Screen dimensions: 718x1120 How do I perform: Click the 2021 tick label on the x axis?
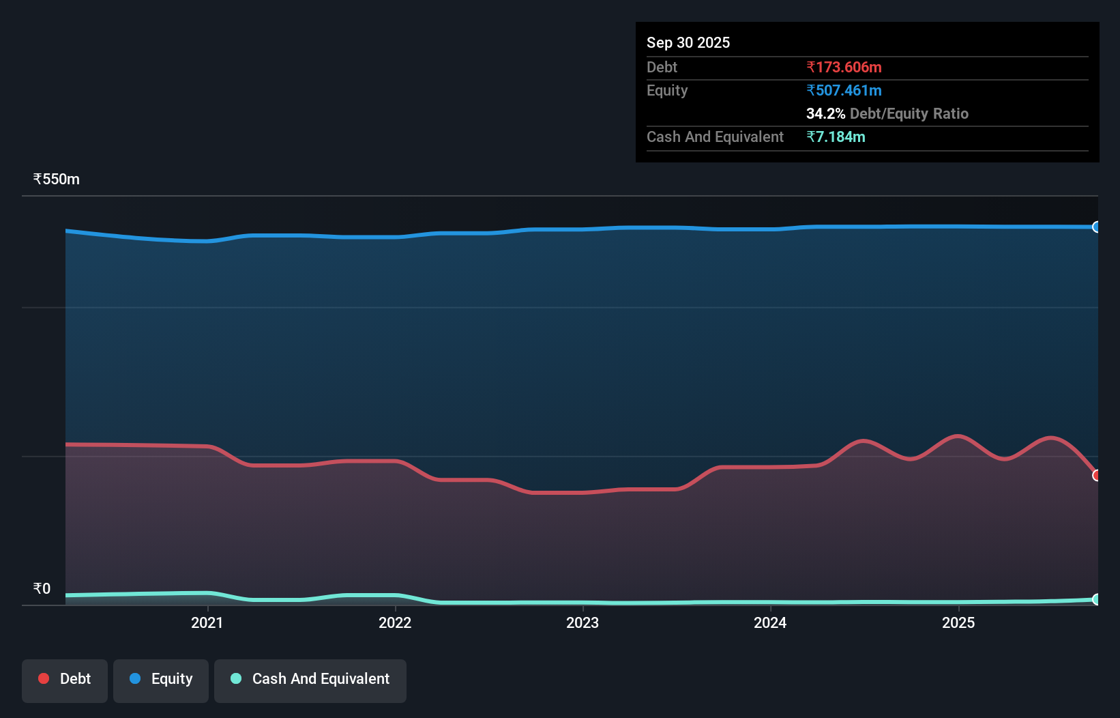(207, 622)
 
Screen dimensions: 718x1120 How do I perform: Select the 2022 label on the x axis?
(395, 622)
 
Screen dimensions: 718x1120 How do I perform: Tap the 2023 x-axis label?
(583, 622)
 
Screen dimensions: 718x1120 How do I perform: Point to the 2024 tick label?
(770, 622)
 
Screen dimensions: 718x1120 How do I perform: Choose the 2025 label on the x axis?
(958, 622)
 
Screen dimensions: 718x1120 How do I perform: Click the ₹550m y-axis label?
(57, 179)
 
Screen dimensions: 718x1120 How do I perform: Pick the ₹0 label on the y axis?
(42, 589)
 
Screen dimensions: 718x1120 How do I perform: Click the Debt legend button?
(65, 679)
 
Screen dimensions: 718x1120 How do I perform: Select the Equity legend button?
(161, 679)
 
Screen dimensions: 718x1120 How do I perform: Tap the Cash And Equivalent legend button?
(310, 679)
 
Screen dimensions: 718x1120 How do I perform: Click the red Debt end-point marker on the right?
(1096, 475)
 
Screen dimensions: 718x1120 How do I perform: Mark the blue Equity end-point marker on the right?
(1096, 227)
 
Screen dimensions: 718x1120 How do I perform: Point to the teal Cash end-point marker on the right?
(1096, 599)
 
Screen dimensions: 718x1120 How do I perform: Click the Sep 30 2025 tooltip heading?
(688, 43)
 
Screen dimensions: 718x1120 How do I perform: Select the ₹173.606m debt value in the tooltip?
(844, 68)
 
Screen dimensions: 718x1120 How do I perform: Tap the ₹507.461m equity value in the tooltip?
(844, 91)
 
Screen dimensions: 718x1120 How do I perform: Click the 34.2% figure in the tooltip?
(825, 114)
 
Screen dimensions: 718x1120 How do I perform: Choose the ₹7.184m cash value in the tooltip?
(836, 137)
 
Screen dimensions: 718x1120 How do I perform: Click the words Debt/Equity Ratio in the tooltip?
(909, 114)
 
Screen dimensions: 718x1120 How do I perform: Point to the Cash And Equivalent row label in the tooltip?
(715, 137)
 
